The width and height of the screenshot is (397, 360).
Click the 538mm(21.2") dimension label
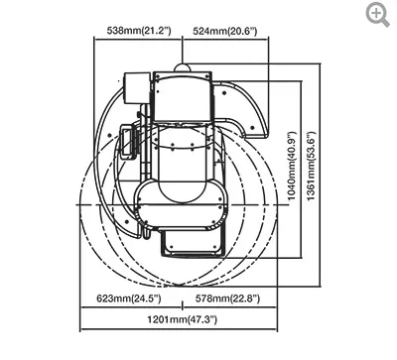pos(139,31)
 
